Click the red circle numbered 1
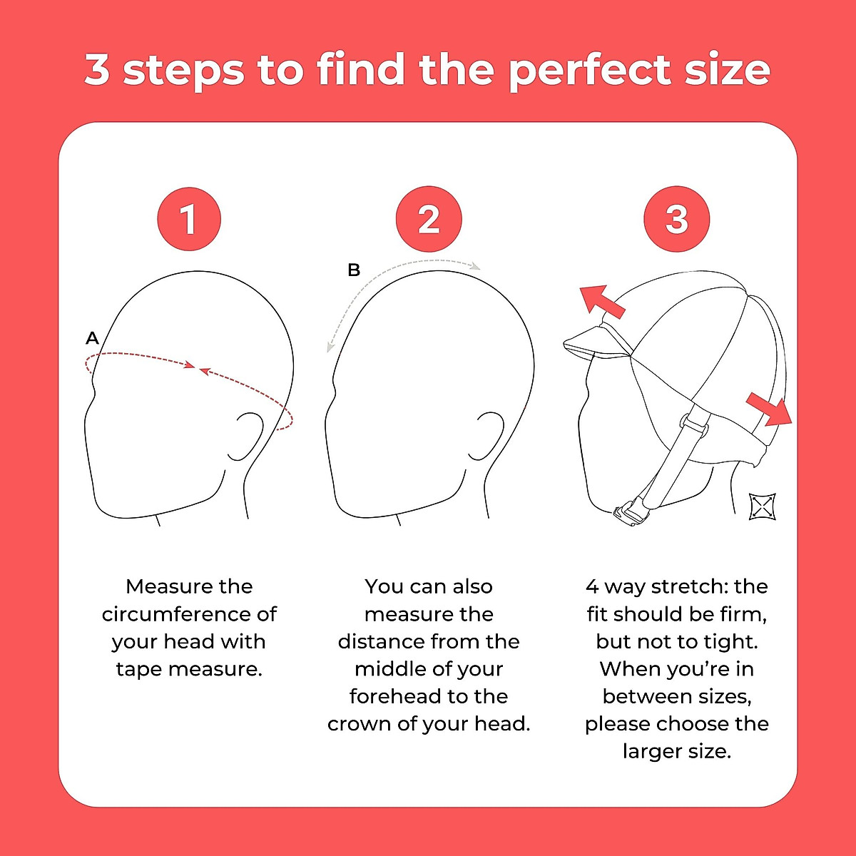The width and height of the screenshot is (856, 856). pyautogui.click(x=189, y=219)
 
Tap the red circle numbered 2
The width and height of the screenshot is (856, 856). pyautogui.click(x=429, y=219)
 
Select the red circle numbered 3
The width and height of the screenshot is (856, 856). pyautogui.click(x=676, y=219)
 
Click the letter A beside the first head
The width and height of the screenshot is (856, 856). pyautogui.click(x=92, y=338)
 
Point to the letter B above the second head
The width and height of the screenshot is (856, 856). pyautogui.click(x=354, y=270)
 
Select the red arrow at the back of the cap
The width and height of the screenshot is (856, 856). pyautogui.click(x=769, y=409)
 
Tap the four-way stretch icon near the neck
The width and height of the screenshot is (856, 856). pyautogui.click(x=762, y=506)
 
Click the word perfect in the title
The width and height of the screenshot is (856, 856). pyautogui.click(x=589, y=70)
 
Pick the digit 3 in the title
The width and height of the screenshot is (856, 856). pyautogui.click(x=97, y=70)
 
